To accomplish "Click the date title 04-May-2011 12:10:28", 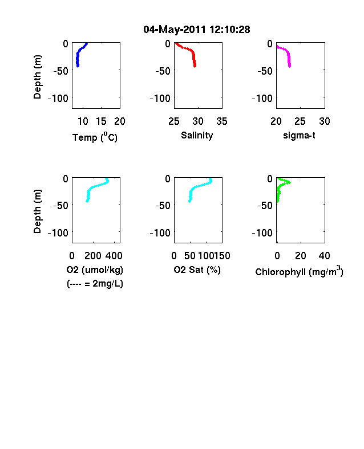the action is (x=197, y=30).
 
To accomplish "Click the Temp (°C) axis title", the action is (x=95, y=137).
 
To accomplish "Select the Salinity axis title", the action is (x=197, y=135).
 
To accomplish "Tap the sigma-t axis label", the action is (x=299, y=135).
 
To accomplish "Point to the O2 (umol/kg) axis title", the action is (x=95, y=270).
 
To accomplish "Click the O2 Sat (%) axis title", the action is (x=197, y=270).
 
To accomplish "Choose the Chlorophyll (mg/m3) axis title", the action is (x=299, y=271).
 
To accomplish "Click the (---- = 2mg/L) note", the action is (x=95, y=284).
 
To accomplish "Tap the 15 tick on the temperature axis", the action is (x=101, y=121).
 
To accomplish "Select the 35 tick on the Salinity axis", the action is (x=222, y=121).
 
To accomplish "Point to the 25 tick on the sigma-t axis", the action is (x=300, y=121).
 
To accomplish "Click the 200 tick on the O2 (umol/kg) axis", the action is (x=93, y=256).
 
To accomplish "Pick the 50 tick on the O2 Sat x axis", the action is (x=190, y=256).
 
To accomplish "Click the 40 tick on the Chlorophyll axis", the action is (x=324, y=256).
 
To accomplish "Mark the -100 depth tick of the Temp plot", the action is (x=58, y=99).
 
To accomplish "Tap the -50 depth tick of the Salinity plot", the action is (x=163, y=71).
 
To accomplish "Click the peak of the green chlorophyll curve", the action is (x=290, y=182).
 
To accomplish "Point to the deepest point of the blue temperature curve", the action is (x=78, y=66).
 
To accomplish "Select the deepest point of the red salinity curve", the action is (x=195, y=66).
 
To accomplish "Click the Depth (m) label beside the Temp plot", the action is (x=38, y=77).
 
